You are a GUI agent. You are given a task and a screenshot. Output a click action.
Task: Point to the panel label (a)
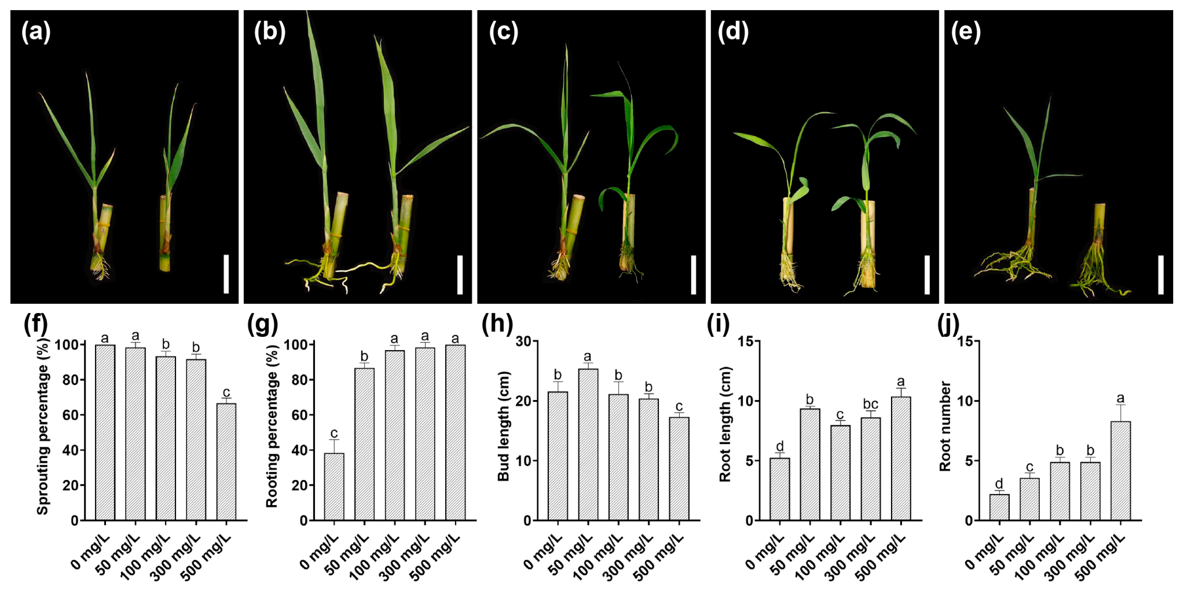[x=36, y=32]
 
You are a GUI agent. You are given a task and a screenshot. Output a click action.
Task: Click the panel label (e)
[x=966, y=32]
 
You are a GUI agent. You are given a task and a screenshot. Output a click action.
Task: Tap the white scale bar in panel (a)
[x=226, y=274]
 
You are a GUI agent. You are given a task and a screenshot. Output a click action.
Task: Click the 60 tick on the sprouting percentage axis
[x=70, y=415]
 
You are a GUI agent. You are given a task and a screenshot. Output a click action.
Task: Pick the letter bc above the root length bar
[x=870, y=404]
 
